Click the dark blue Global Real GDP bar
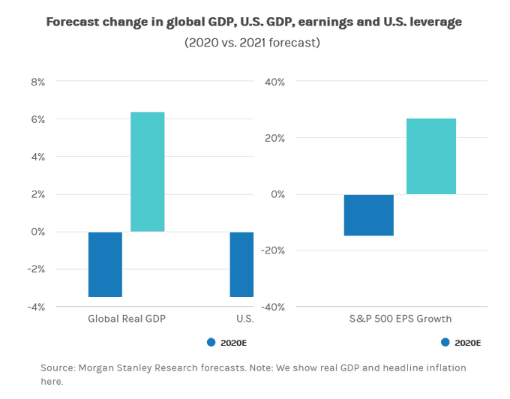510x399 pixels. point(105,264)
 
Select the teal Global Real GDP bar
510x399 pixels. point(147,172)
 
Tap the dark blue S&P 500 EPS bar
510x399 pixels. point(369,215)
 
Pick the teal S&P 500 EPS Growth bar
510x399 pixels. point(431,157)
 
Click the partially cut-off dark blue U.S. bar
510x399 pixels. point(241,264)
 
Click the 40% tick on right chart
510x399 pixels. point(274,81)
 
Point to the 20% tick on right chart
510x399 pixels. point(274,137)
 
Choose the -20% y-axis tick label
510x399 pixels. point(272,250)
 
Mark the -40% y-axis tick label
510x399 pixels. point(272,306)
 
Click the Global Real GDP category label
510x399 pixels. point(126,319)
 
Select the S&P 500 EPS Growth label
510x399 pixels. point(400,319)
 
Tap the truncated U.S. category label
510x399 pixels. point(244,319)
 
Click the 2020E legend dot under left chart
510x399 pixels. point(211,343)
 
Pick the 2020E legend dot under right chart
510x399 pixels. point(445,343)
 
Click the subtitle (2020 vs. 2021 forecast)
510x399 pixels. point(252,43)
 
